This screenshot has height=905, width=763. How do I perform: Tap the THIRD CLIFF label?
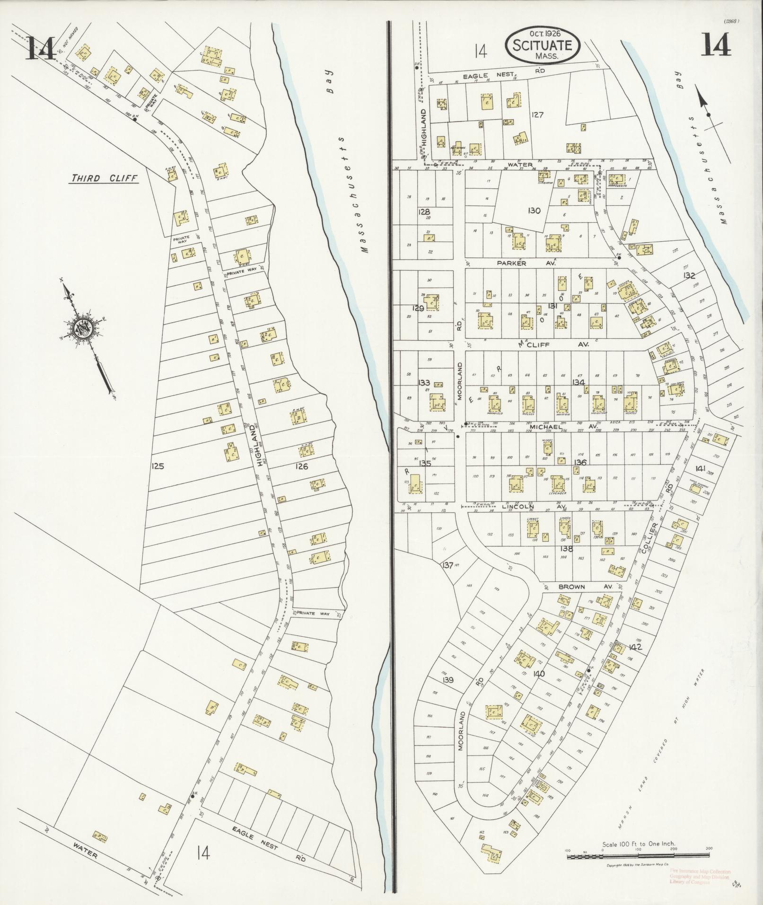click(104, 178)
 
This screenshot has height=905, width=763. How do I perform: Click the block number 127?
click(538, 114)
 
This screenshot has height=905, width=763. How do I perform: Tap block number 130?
click(534, 211)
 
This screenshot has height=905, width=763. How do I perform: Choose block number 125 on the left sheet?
click(158, 466)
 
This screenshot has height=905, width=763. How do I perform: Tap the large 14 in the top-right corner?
click(716, 46)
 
